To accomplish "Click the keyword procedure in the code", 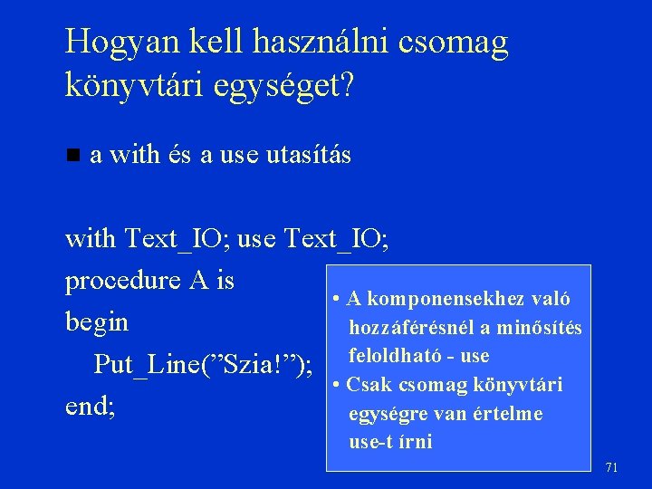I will tap(122, 282).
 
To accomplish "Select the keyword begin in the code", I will tap(97, 322).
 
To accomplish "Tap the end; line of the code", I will tap(91, 407).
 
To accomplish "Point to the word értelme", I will tap(511, 414).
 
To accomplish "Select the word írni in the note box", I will tap(417, 442).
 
